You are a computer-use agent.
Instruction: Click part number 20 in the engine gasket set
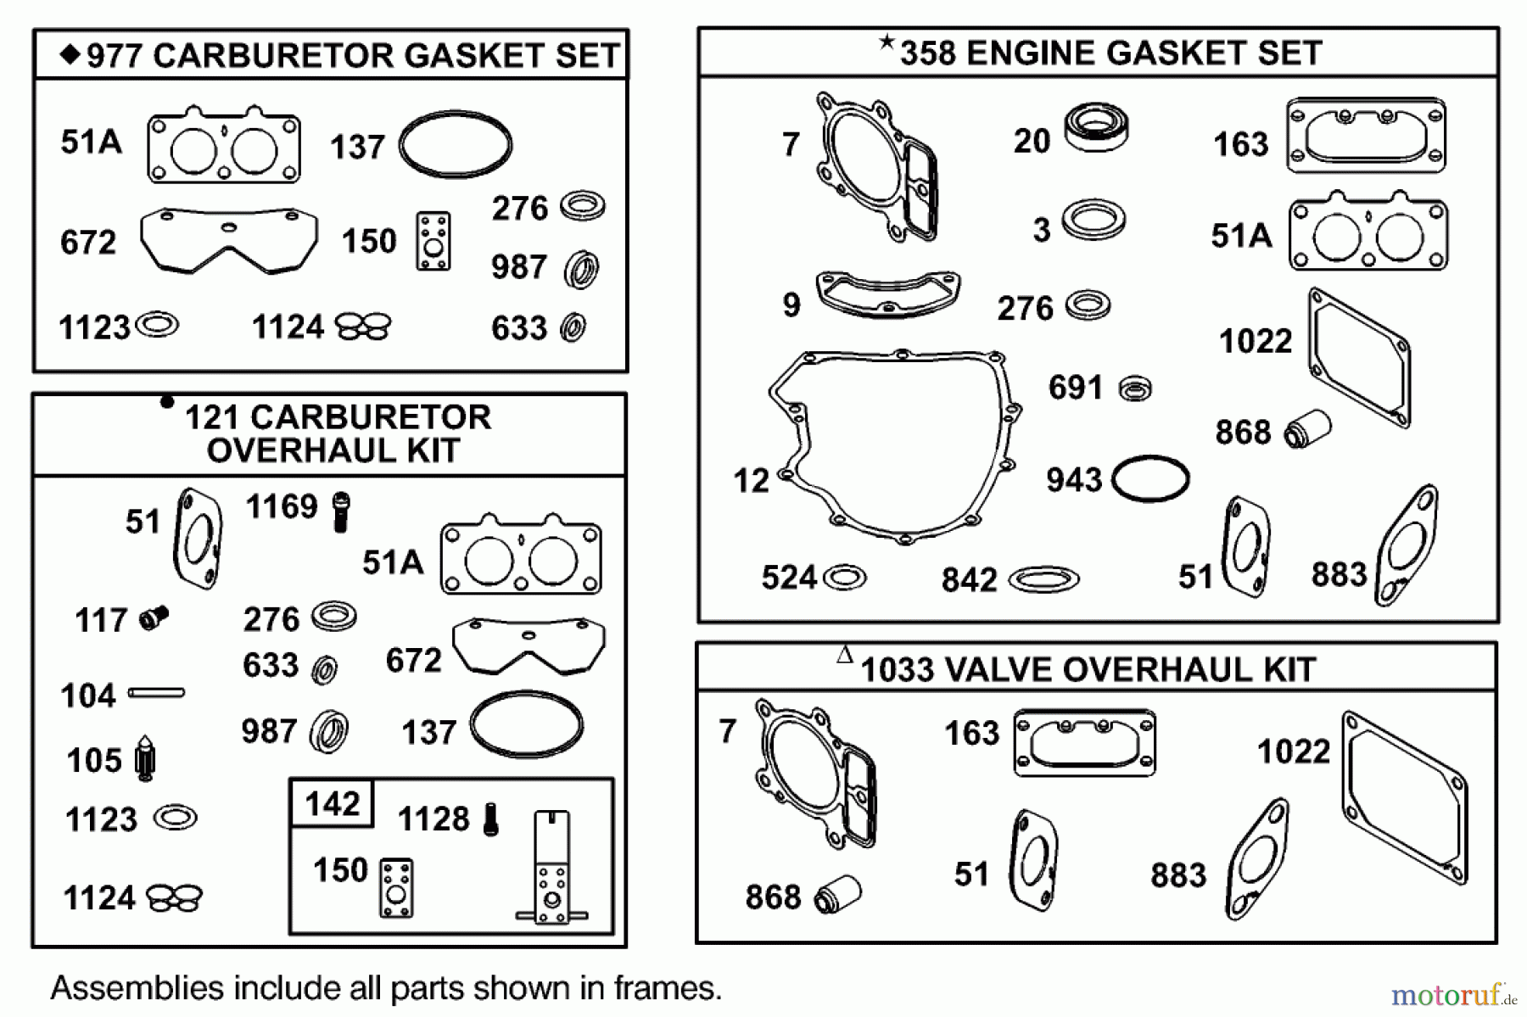1032,141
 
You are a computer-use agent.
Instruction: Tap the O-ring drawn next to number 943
1150,479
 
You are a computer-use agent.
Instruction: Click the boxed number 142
333,803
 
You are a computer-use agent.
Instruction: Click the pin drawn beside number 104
155,694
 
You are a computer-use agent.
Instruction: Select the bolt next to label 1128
490,819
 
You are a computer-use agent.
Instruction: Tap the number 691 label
1076,388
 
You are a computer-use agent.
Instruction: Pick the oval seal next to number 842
1043,580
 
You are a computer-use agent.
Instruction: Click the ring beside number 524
845,578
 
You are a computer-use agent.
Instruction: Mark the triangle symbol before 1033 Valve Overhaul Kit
844,654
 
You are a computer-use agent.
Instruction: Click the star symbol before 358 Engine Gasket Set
887,42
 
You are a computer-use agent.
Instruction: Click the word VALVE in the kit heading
998,670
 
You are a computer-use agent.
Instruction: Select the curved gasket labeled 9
887,293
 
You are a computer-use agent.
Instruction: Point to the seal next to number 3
1094,220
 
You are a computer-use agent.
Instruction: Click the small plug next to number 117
154,618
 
